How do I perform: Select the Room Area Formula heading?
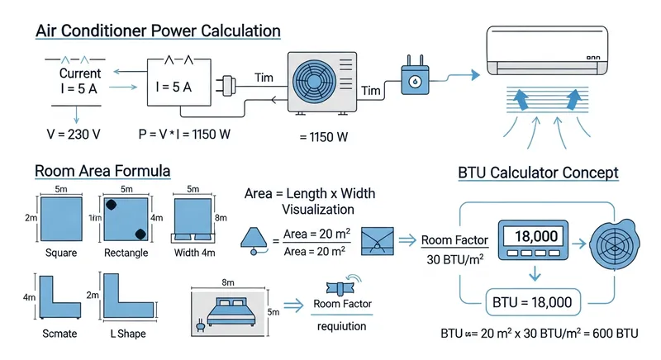102,172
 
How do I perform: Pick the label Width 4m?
196,252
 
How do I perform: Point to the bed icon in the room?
232,312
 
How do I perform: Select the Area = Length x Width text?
310,192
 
